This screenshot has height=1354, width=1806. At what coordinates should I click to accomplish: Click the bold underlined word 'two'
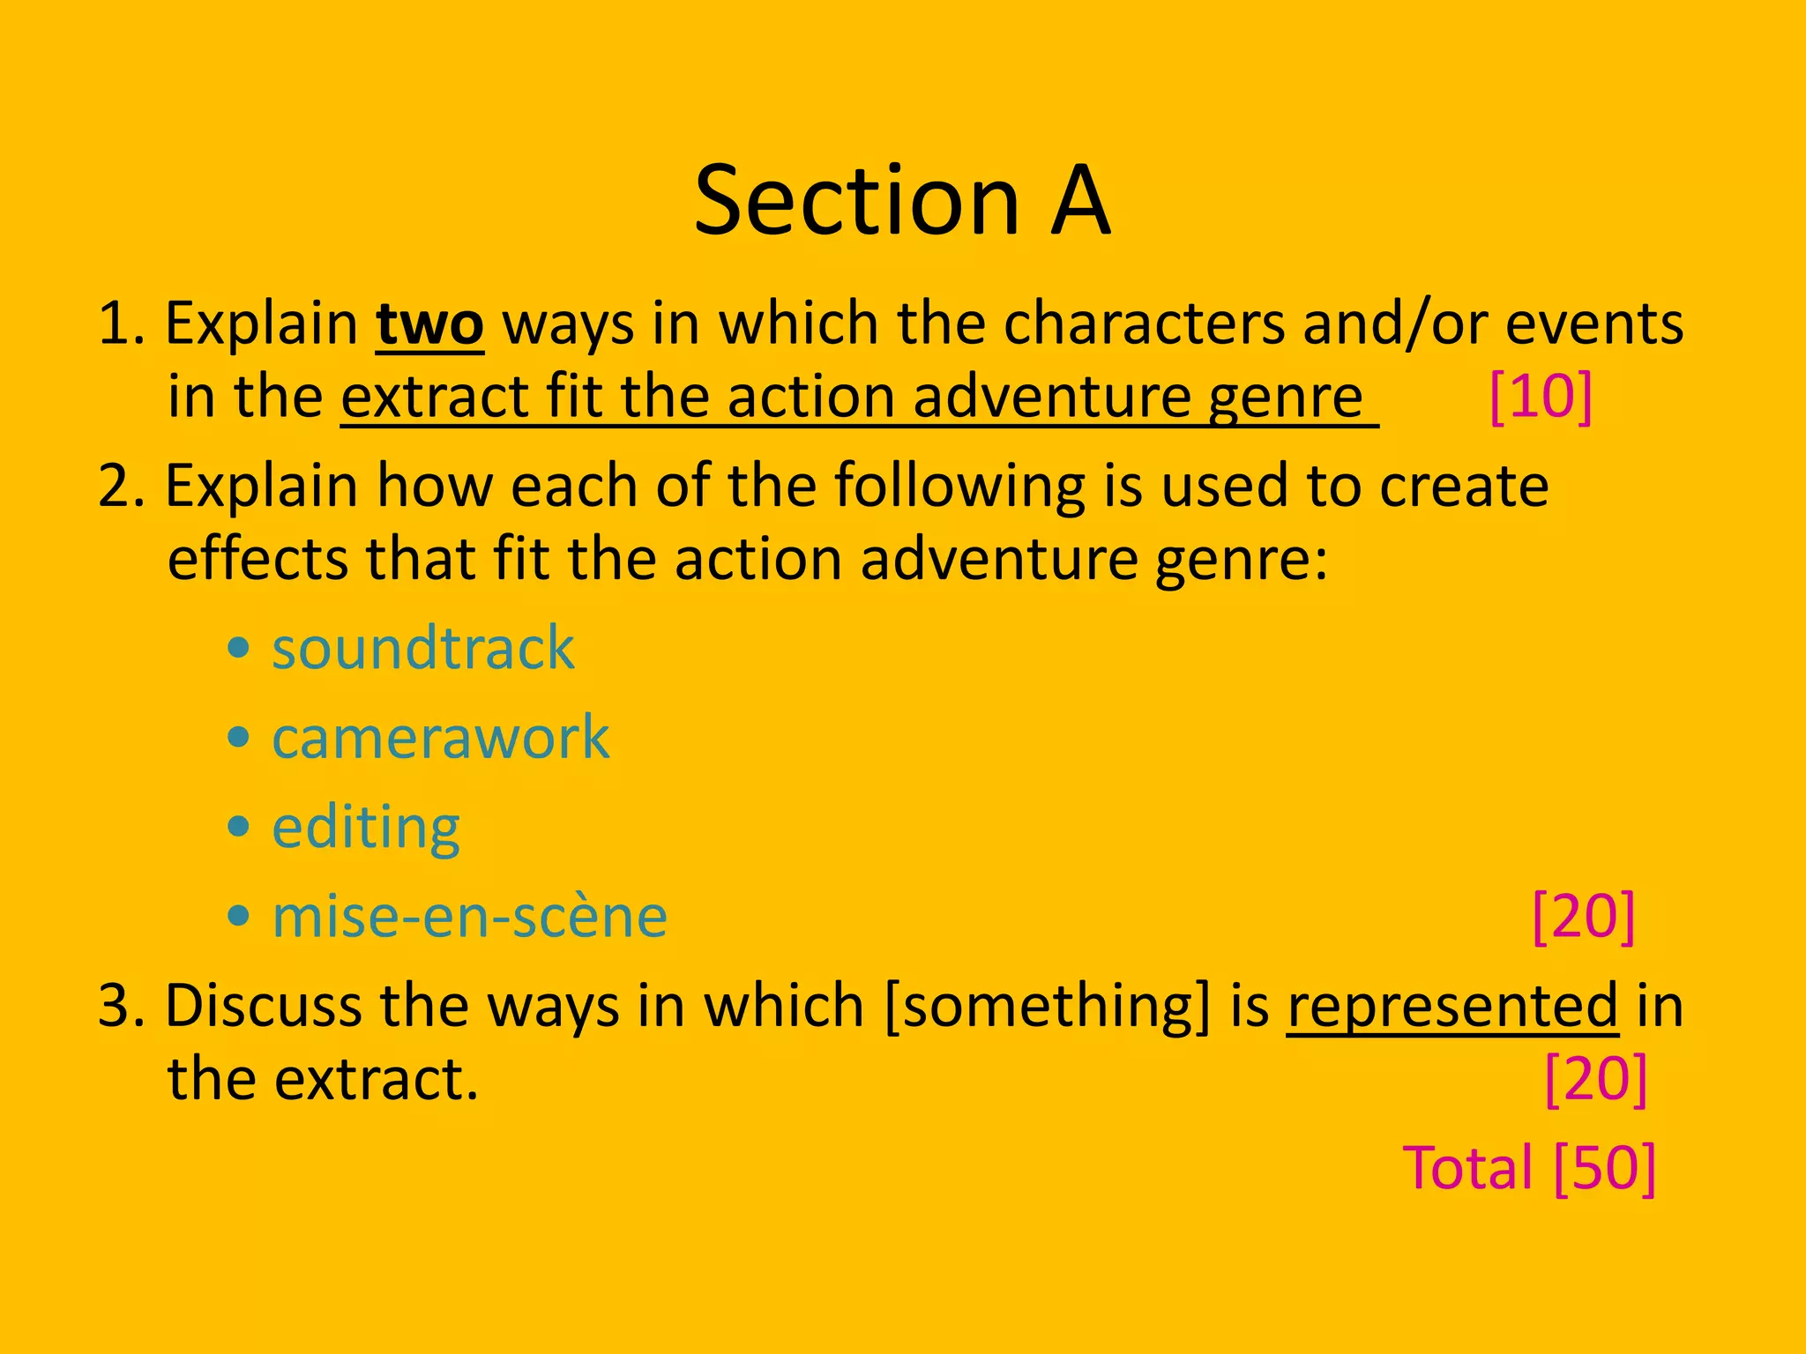click(x=429, y=324)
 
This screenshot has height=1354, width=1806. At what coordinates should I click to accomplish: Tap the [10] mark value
click(x=1541, y=397)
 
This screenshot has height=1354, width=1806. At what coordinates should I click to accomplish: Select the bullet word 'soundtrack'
click(x=423, y=649)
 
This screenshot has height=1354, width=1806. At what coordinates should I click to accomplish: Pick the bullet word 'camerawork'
click(x=440, y=738)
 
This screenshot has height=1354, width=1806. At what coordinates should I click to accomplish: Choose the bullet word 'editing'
click(x=366, y=828)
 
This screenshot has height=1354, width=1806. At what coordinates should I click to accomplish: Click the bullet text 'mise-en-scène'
click(x=469, y=917)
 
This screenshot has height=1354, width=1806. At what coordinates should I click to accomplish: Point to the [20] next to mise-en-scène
click(x=1584, y=917)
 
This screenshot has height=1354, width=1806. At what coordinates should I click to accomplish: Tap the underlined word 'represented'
click(x=1452, y=1006)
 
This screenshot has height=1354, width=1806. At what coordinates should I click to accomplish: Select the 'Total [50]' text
click(x=1529, y=1168)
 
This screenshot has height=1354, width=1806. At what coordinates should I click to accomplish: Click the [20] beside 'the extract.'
click(x=1596, y=1079)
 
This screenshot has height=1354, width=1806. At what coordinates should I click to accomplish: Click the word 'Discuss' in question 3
click(x=262, y=1006)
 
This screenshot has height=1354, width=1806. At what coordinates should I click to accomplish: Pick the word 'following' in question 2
click(x=959, y=487)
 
